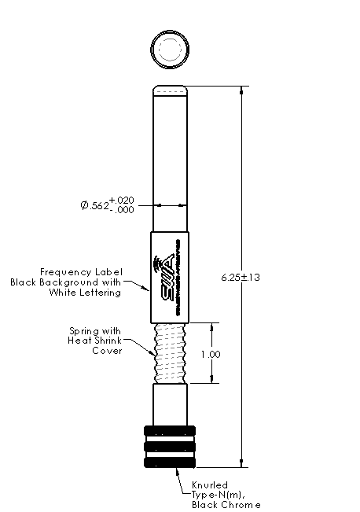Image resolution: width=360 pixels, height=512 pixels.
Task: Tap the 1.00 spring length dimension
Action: click(210, 354)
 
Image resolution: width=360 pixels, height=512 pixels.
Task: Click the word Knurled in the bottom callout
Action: click(208, 484)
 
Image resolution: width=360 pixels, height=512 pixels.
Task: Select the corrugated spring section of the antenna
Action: click(169, 353)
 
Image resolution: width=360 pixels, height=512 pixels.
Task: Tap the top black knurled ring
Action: click(169, 431)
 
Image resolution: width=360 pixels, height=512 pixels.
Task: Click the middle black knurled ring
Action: click(169, 447)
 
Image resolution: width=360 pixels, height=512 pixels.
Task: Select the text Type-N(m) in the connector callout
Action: click(217, 495)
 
